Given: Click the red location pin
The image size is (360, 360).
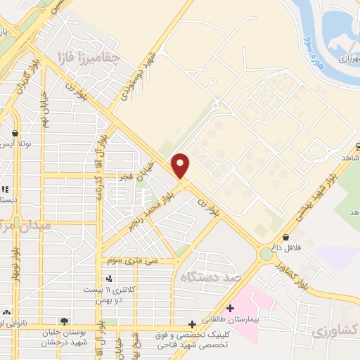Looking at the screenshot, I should [181, 165].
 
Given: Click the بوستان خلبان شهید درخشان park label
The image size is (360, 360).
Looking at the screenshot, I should [65, 337].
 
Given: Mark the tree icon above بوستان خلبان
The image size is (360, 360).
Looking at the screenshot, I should [65, 321].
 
